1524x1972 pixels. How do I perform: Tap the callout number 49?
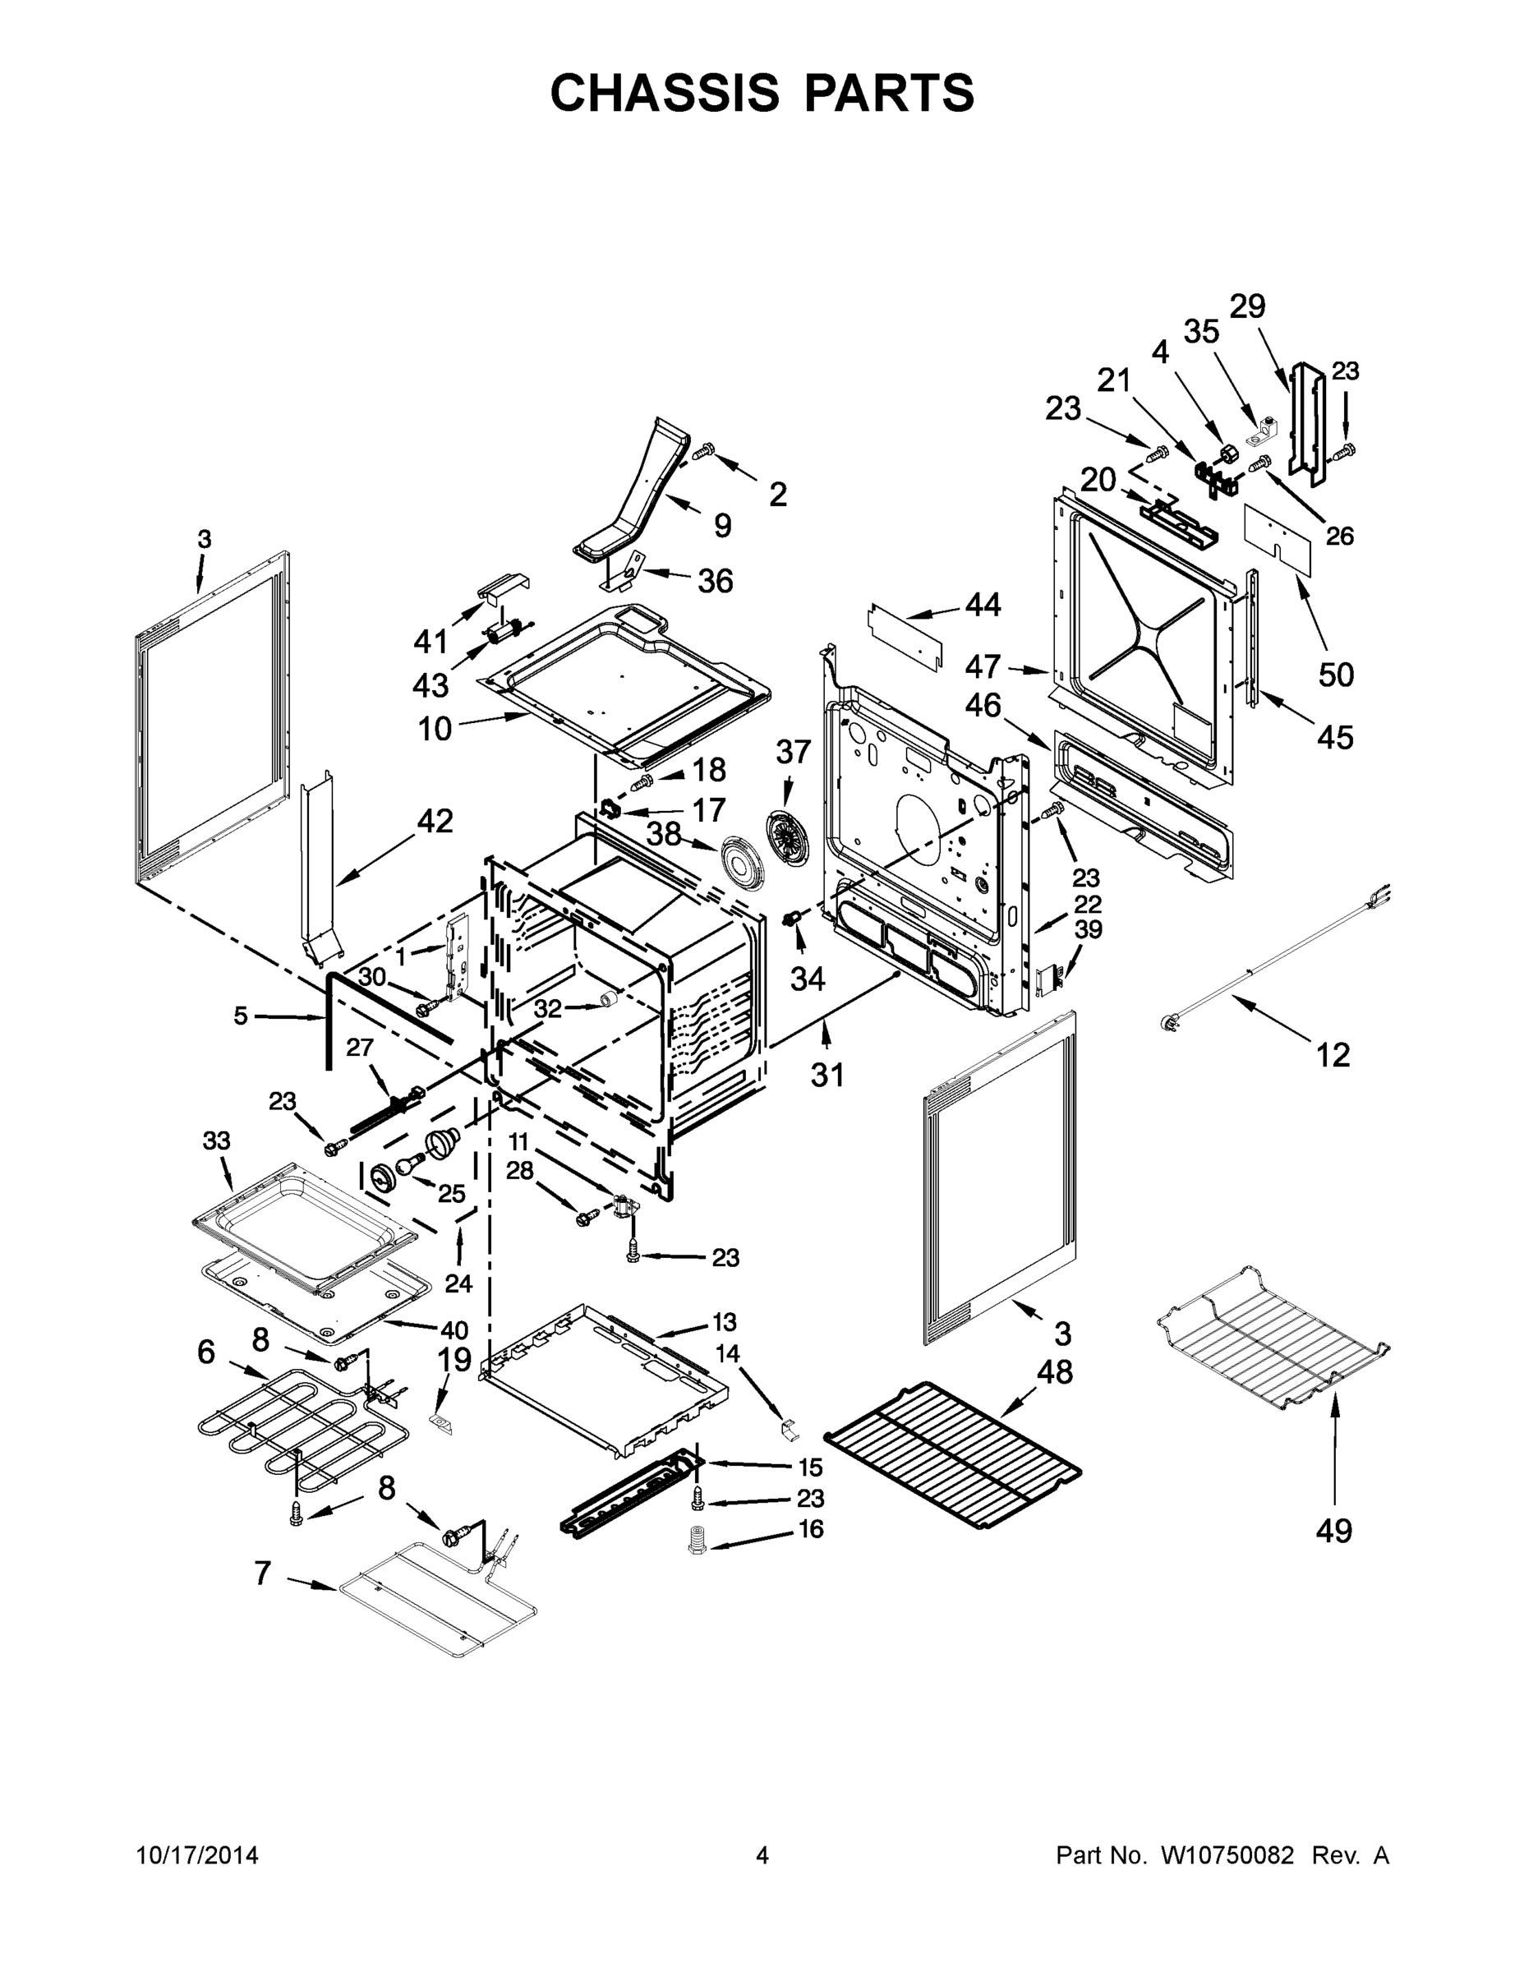pyautogui.click(x=1333, y=1531)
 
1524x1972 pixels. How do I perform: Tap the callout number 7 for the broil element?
pyautogui.click(x=263, y=1573)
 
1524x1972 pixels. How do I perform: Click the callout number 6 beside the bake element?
pyautogui.click(x=207, y=1352)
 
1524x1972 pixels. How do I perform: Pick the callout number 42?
pyautogui.click(x=435, y=821)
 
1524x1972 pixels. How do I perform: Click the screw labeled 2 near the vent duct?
pyautogui.click(x=707, y=448)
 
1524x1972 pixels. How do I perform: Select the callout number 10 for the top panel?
pyautogui.click(x=435, y=728)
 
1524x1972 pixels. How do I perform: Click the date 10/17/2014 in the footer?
pyautogui.click(x=197, y=1855)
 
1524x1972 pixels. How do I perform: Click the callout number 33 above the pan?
pyautogui.click(x=217, y=1140)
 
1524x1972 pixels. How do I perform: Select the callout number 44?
pyautogui.click(x=983, y=604)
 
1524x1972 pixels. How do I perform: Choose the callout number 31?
pyautogui.click(x=827, y=1075)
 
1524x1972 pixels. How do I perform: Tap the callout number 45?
pyautogui.click(x=1334, y=737)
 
